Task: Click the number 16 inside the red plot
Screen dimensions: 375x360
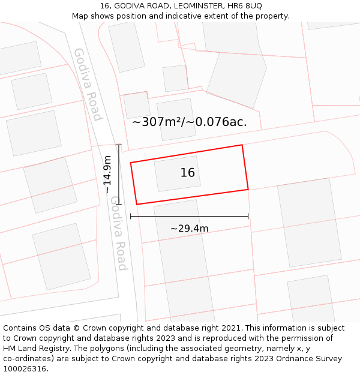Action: click(188, 173)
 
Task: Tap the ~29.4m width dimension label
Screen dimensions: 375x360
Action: click(189, 229)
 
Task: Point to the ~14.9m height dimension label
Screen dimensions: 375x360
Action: click(107, 175)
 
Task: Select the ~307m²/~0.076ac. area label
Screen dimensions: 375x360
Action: click(189, 122)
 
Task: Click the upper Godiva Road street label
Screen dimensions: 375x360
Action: click(88, 84)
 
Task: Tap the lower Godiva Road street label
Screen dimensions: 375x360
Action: click(118, 233)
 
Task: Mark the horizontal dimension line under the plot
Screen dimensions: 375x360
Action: click(189, 216)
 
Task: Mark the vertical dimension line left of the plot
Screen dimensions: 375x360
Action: click(119, 175)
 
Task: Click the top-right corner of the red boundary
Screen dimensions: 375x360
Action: click(242, 145)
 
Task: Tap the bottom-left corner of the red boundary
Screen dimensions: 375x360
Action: click(137, 204)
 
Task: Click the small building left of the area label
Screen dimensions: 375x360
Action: click(137, 105)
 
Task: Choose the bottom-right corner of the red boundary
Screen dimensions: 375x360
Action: click(248, 190)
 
